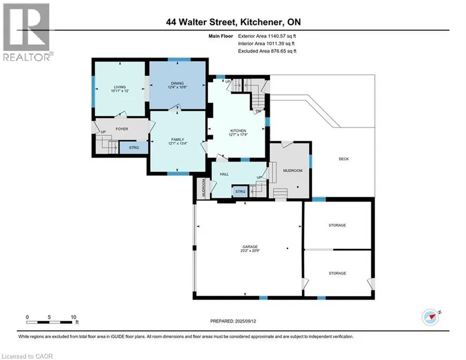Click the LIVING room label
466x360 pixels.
coord(120,87)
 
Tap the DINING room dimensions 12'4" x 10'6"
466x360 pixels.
coord(177,88)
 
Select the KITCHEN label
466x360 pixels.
coord(238,131)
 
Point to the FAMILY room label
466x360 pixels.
coord(177,140)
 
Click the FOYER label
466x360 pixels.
coord(122,129)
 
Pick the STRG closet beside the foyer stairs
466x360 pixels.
coord(134,148)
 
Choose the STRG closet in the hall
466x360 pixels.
coord(240,192)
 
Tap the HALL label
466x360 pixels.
coord(224,174)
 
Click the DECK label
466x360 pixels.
coord(344,159)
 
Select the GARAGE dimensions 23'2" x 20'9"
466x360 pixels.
coord(250,250)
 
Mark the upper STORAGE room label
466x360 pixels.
coord(337,225)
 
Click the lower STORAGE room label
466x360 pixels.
coord(337,273)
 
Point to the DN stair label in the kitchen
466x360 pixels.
coord(258,111)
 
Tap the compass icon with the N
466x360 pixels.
coord(431,317)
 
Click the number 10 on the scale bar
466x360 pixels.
coord(73,317)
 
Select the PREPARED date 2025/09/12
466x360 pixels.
coord(245,321)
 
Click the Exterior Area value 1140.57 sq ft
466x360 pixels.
coord(282,36)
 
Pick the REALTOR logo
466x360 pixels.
coord(28,32)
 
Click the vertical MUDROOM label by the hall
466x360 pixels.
coord(203,188)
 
